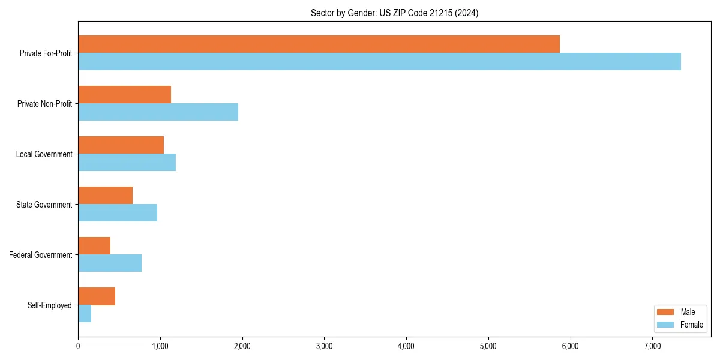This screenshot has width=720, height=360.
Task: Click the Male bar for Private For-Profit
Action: click(319, 44)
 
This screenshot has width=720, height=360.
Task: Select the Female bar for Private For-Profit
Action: click(379, 62)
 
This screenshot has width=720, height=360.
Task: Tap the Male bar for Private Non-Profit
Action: click(124, 95)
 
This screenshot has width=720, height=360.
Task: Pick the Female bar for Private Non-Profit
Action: click(158, 112)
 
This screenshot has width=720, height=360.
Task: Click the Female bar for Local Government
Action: click(127, 163)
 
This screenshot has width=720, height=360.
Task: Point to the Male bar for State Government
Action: click(105, 196)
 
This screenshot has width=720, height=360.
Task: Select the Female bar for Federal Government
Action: click(110, 263)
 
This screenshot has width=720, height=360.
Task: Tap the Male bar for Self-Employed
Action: click(97, 296)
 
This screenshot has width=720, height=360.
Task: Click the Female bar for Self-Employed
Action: click(85, 314)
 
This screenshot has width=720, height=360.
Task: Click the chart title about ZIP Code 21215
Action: click(394, 13)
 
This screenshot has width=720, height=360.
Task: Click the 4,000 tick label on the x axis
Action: click(406, 346)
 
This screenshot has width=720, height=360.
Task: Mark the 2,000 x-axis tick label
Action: click(242, 346)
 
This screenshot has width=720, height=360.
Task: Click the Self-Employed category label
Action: click(50, 305)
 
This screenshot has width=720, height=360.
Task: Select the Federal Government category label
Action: click(41, 255)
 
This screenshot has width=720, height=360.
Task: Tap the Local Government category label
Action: click(44, 154)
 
